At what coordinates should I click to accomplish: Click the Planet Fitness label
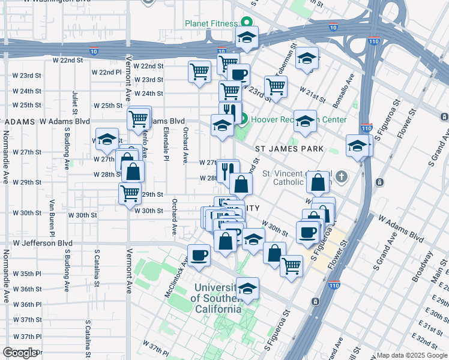click(211, 24)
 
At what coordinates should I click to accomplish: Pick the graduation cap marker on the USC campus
click(247, 289)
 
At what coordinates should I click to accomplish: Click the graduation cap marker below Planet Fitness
click(246, 37)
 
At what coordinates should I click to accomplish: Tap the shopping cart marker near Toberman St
click(276, 86)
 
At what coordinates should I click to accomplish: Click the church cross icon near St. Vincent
click(342, 176)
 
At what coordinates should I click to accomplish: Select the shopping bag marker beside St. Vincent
click(319, 181)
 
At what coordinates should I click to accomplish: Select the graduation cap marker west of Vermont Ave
click(107, 139)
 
